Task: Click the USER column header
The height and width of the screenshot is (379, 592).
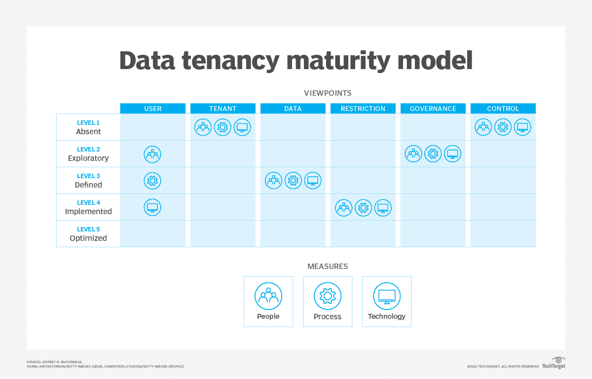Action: tap(152, 109)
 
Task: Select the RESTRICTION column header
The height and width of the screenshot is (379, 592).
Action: tap(363, 109)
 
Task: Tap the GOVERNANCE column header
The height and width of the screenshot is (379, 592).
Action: tap(433, 109)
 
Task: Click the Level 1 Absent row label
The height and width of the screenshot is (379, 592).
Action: tap(88, 127)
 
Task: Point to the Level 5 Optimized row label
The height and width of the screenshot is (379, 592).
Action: tap(88, 234)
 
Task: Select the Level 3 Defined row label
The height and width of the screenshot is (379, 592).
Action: tap(88, 181)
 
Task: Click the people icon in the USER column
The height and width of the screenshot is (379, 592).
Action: tap(152, 154)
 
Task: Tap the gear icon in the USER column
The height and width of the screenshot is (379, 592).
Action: tap(152, 181)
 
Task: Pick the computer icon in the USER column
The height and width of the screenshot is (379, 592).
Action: tap(152, 208)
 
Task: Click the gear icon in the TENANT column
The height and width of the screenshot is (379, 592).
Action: tap(222, 127)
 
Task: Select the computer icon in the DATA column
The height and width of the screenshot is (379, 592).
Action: tap(312, 181)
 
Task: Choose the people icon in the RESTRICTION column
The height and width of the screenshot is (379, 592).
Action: tap(344, 208)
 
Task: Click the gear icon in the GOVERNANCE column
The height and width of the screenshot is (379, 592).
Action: tap(433, 154)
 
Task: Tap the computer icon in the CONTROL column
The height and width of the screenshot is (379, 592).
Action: tap(522, 127)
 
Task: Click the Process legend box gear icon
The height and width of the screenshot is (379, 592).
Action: tap(328, 296)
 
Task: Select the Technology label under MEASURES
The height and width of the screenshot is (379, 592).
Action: tap(386, 316)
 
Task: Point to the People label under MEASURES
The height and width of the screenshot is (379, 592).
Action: tap(268, 316)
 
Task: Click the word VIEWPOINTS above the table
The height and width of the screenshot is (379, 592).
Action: tap(328, 93)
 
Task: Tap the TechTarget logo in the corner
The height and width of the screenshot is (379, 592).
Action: tap(554, 363)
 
